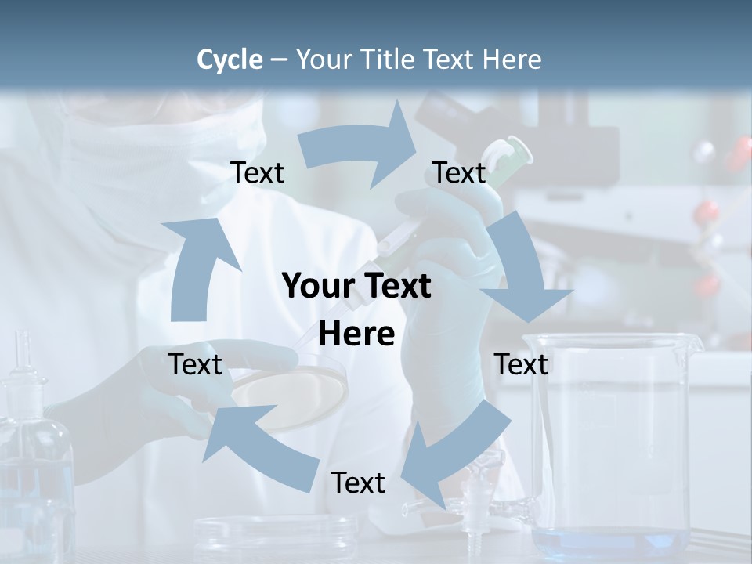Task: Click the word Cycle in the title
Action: coord(230,60)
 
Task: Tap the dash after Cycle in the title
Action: coord(278,60)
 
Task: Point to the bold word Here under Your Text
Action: coord(356,334)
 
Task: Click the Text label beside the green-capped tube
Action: coord(459,173)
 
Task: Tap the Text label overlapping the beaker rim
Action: coord(521,364)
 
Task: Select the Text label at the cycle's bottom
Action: coord(358,483)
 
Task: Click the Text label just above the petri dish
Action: coord(195,364)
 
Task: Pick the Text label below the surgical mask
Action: coord(257,173)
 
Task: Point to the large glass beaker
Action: coord(611,439)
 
